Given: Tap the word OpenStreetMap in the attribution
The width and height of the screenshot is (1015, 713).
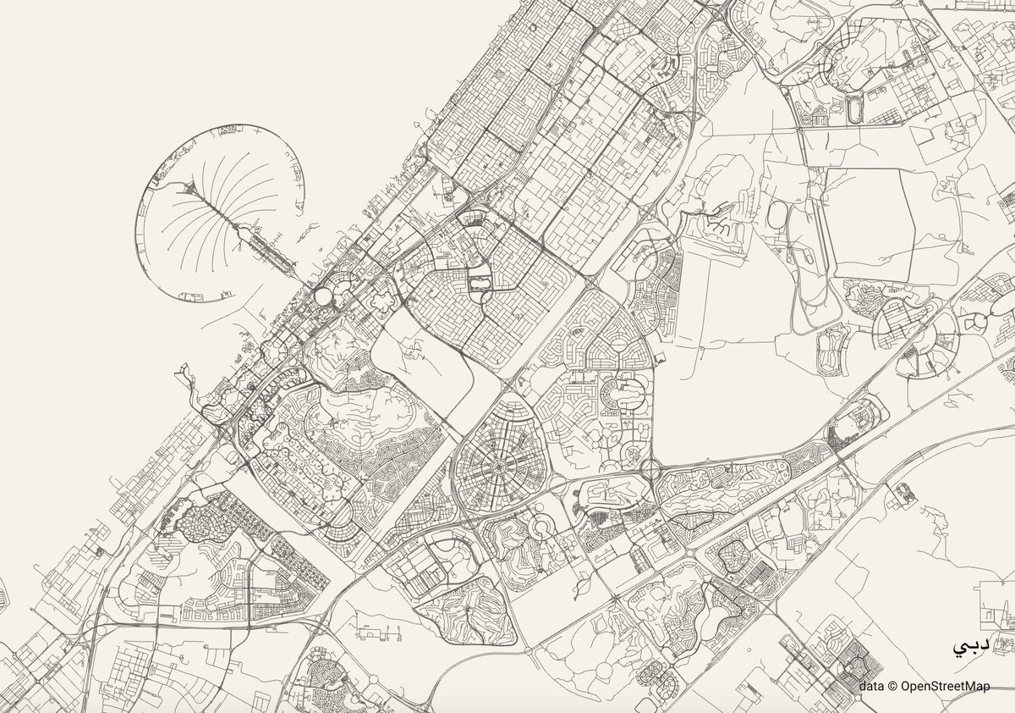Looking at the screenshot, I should point(944,687).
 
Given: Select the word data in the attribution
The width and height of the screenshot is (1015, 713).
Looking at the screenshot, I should point(872,687).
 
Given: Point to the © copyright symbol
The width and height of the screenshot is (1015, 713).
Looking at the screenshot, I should point(892,687).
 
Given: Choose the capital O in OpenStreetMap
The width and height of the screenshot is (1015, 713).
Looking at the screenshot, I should point(905,687).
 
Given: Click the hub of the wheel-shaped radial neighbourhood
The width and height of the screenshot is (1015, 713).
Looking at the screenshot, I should point(500,467).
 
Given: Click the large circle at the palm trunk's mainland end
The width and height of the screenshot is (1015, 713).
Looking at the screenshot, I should point(324,296).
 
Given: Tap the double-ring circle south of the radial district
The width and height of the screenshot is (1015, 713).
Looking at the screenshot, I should point(539,528).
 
